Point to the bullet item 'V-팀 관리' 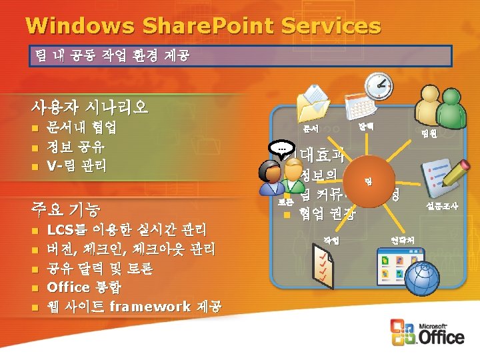(76, 165)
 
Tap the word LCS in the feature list (60, 230)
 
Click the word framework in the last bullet (149, 307)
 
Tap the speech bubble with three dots (280, 149)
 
